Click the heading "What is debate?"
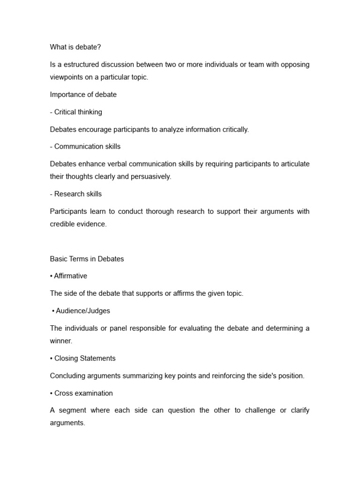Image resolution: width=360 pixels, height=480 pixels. pyautogui.click(x=75, y=47)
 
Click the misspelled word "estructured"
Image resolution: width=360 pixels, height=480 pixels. pyautogui.click(x=82, y=64)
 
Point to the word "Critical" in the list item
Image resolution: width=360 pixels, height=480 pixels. pyautogui.click(x=67, y=112)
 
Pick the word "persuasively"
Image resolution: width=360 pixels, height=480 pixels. pyautogui.click(x=150, y=177)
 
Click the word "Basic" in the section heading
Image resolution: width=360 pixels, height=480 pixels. pyautogui.click(x=59, y=259)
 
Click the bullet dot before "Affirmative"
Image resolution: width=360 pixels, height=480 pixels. pyautogui.click(x=51, y=276)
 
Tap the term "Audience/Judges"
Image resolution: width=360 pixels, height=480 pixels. pyautogui.click(x=83, y=311)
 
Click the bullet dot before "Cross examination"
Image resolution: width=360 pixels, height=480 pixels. pyautogui.click(x=51, y=393)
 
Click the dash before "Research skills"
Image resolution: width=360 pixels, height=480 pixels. pyautogui.click(x=51, y=194)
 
